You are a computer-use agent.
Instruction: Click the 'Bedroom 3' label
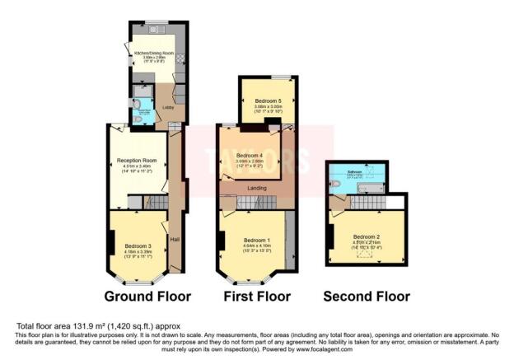pos(138,245)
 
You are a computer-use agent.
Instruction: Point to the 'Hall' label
pos(175,240)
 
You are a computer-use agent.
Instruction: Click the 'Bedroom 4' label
pos(250,156)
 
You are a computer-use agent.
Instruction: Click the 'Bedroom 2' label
pos(366,237)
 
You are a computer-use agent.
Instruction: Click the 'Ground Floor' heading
pos(147,296)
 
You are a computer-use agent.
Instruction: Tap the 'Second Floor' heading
pos(366,296)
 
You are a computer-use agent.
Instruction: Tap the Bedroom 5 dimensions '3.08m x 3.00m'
pos(268,106)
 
